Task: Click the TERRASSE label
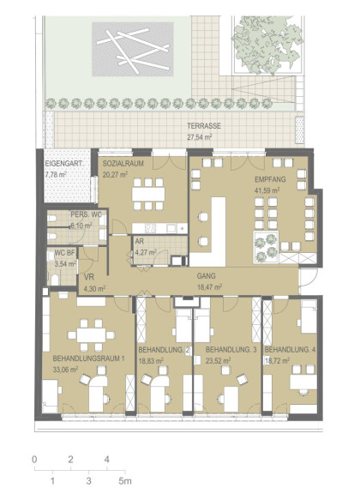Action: coord(204,126)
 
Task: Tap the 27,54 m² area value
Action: coord(200,137)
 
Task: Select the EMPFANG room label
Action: coord(270,179)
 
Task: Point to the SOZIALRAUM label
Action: coord(123,164)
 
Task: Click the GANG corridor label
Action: coord(207,276)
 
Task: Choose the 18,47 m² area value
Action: coord(209,286)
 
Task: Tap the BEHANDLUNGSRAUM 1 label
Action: coord(89,358)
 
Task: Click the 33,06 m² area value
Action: coord(65,370)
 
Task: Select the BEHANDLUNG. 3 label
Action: coord(231,350)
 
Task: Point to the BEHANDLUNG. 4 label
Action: coord(290,350)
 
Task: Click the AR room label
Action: coord(139,242)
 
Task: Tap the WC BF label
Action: coord(65,253)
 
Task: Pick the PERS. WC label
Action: coord(86,215)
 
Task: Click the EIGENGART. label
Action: coord(64,164)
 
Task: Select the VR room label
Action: coord(89,278)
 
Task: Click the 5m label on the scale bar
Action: coord(125,481)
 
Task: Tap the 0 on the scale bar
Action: coord(34,460)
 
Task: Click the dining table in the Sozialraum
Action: coord(148,195)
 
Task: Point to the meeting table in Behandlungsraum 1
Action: coord(91,335)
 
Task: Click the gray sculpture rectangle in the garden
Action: coord(133,49)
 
